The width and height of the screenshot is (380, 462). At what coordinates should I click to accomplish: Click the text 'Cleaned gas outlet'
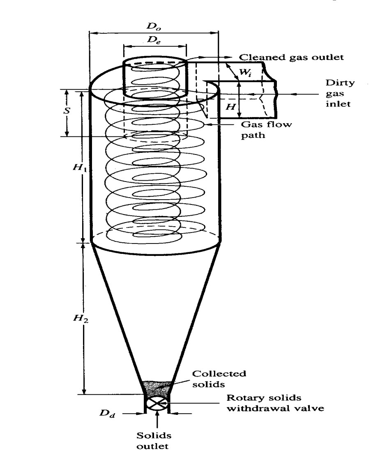coord(291,57)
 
